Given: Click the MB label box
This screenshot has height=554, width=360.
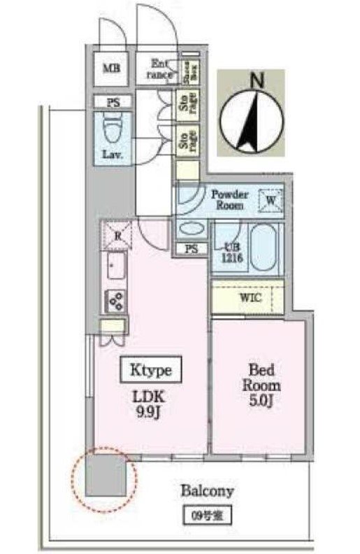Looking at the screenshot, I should (x=111, y=69).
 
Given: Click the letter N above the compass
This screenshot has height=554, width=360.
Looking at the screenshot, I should (x=257, y=81).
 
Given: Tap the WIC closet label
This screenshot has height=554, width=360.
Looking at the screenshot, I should (x=249, y=298).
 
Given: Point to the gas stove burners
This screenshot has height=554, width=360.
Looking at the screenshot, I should (x=116, y=301).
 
